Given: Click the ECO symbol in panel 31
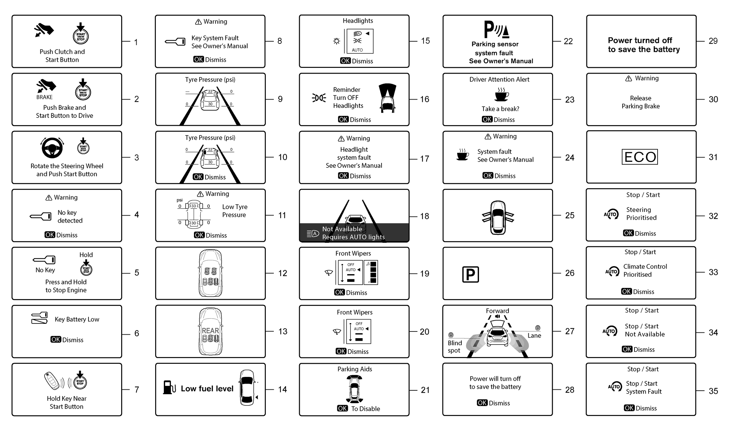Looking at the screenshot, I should point(640,157).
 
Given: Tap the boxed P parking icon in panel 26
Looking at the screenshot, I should point(470,274).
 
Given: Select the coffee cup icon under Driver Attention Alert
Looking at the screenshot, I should point(501,95).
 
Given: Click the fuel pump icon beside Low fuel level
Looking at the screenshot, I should point(169,387).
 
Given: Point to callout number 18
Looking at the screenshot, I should point(424,216).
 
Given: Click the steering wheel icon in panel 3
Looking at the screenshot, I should point(52,148).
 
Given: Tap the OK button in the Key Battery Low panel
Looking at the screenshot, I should point(56,339).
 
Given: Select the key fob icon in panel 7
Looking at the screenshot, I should point(53,380).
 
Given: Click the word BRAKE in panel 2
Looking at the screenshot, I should point(45,97).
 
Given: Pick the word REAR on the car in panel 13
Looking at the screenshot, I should point(210,331).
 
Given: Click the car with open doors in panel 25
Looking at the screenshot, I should point(498,217).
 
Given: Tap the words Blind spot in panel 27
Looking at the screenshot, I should point(455,346).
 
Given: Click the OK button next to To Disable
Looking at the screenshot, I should point(342,408).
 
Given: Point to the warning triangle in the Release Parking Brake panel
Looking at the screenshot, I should point(628,78).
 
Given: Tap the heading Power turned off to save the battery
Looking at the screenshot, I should point(643,45).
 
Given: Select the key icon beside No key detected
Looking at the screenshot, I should point(41,216).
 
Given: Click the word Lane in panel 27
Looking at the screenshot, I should point(534,336).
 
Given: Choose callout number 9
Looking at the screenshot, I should point(280,99).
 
